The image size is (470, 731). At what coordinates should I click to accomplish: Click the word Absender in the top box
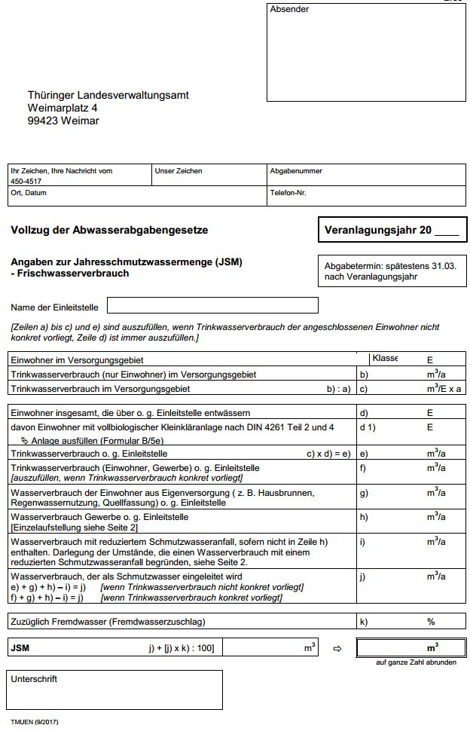(x=289, y=10)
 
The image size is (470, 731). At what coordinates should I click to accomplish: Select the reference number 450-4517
(x=26, y=182)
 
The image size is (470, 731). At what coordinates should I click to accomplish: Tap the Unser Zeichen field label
(x=179, y=171)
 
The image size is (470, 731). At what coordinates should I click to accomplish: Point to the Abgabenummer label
(x=296, y=171)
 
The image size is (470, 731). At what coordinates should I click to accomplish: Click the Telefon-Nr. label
(x=288, y=193)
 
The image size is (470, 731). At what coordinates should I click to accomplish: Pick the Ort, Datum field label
(x=29, y=193)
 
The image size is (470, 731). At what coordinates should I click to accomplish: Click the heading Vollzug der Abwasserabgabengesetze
(x=109, y=230)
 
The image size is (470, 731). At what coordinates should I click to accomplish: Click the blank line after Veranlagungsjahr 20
(x=446, y=231)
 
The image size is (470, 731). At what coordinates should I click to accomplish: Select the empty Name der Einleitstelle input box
(x=212, y=306)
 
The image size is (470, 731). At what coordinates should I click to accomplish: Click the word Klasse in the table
(x=385, y=359)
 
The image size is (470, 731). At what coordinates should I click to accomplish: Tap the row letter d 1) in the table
(x=368, y=427)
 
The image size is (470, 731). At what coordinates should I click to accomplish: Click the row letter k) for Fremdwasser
(x=365, y=622)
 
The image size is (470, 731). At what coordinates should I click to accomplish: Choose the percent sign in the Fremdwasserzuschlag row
(x=432, y=622)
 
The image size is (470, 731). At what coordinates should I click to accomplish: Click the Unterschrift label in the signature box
(x=35, y=679)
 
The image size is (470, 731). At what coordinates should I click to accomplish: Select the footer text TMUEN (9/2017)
(x=35, y=722)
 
